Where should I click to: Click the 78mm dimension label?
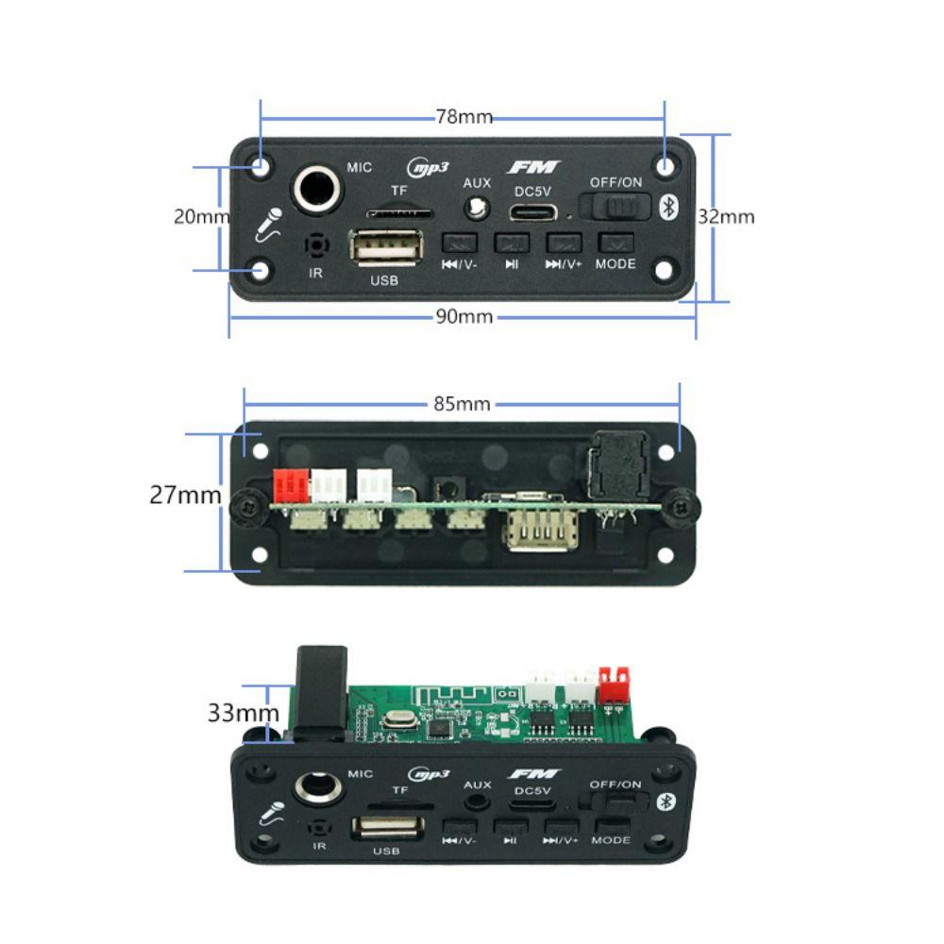(x=464, y=117)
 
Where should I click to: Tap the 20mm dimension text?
(x=201, y=216)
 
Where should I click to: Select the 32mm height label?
(x=726, y=216)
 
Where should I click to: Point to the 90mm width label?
(x=464, y=316)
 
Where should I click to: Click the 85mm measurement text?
(x=462, y=404)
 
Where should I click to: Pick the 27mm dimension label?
(x=185, y=495)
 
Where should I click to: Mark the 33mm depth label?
(x=243, y=713)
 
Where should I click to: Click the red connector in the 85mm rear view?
(x=290, y=486)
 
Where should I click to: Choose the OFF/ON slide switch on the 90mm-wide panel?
(x=615, y=207)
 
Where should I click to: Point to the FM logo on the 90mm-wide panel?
(x=533, y=167)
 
